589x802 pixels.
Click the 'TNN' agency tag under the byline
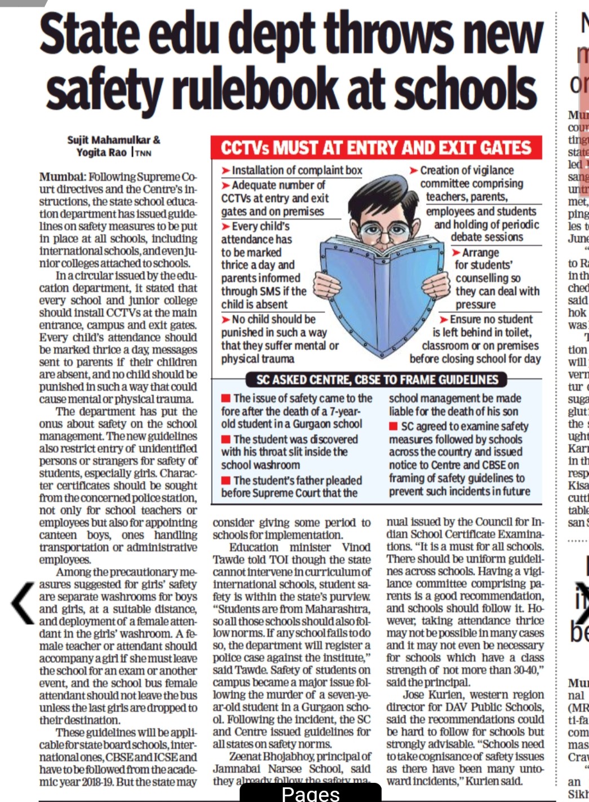point(143,153)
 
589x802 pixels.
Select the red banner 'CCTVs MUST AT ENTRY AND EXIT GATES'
point(376,148)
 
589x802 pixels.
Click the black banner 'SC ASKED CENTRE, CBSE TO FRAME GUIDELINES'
point(377,380)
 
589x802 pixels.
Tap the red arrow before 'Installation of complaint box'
point(226,170)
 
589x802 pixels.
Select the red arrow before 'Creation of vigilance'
point(414,170)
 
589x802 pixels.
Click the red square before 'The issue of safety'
point(225,399)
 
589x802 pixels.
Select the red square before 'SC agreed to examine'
point(393,426)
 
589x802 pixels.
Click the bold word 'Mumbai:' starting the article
point(63,177)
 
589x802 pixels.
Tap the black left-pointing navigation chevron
point(23,602)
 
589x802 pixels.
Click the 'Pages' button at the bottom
point(311,794)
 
